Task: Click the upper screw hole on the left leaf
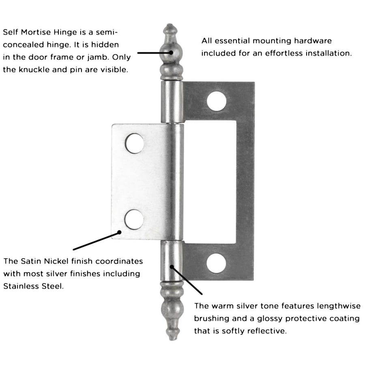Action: (x=134, y=143)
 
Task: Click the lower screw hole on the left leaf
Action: (x=134, y=219)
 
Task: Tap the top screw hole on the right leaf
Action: (x=216, y=101)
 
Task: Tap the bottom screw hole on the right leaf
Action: (x=216, y=263)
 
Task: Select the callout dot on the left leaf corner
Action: (x=120, y=232)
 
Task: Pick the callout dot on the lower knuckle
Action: (x=172, y=267)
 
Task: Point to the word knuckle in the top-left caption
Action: (x=34, y=69)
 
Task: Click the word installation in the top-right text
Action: (x=329, y=54)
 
